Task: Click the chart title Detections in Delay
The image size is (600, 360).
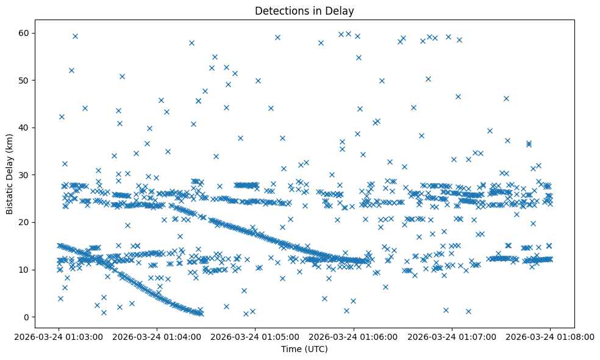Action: pos(304,11)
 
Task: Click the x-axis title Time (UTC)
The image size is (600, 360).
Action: pos(304,349)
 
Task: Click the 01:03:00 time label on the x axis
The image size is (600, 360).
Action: pos(59,336)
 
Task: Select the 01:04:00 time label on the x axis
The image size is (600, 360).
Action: pos(157,336)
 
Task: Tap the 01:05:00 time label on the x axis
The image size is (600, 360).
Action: pos(255,336)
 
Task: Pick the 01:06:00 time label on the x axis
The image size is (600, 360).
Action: pos(354,336)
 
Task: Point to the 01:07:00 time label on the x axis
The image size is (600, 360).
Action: pos(452,336)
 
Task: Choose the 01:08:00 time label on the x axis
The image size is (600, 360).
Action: pos(550,336)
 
